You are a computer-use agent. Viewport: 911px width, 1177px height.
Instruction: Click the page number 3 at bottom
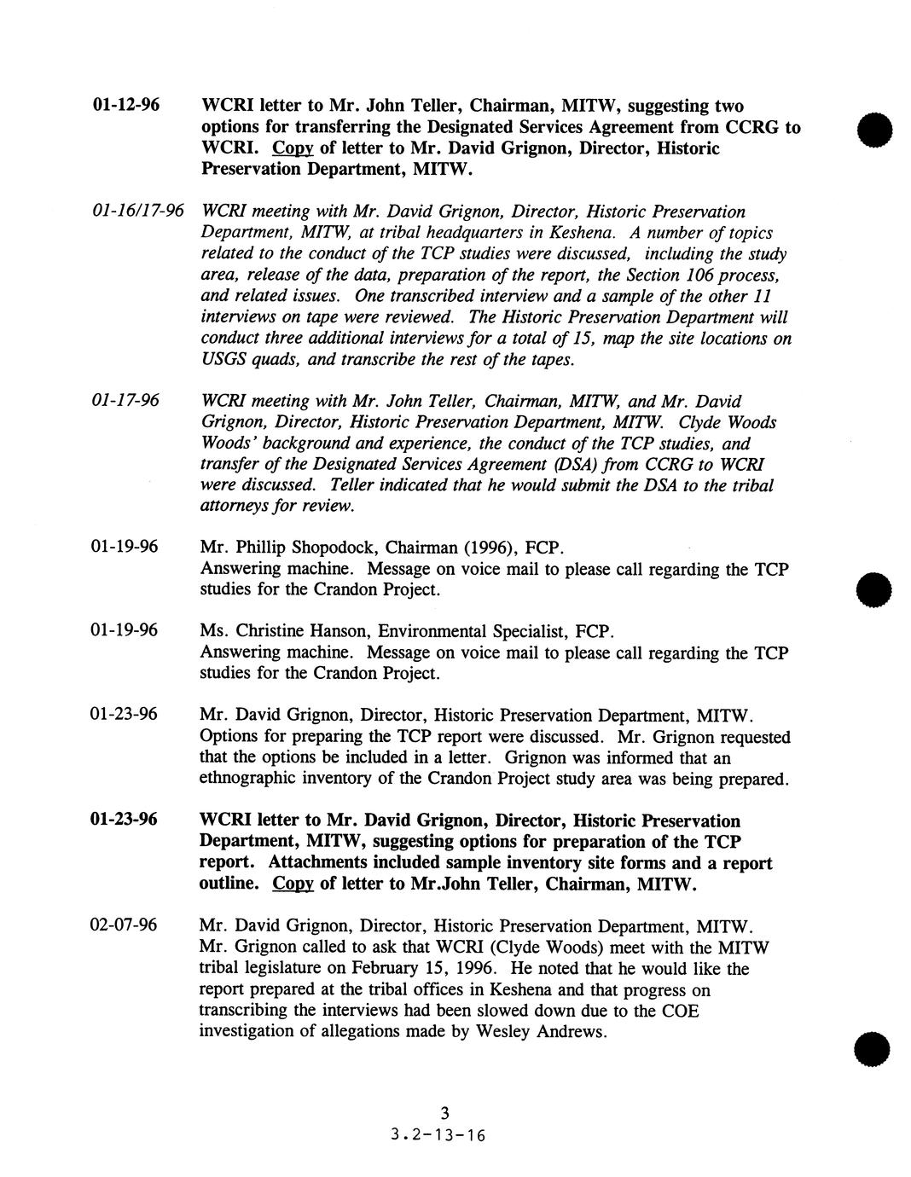coord(444,1112)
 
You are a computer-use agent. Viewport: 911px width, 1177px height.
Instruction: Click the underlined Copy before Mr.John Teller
coord(293,884)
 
